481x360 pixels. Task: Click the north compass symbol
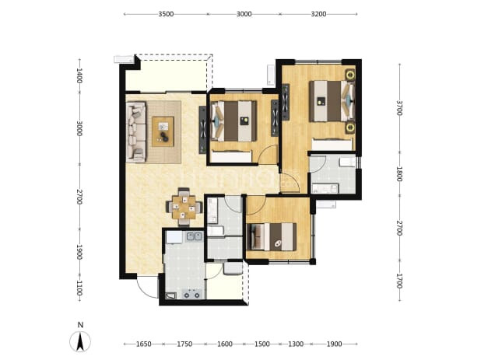coord(80,341)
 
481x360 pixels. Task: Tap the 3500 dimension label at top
coord(166,14)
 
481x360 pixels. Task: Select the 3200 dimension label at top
coord(318,14)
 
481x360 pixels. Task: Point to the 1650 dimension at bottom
coord(143,344)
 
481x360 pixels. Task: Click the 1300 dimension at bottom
coord(296,344)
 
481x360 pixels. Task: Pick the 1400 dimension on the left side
coord(79,75)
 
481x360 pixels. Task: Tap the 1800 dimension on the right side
coord(399,173)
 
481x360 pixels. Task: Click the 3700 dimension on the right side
coord(399,108)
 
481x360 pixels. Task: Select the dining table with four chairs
coord(184,207)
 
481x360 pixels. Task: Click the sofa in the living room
coord(136,131)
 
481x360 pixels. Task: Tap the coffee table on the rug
coord(163,131)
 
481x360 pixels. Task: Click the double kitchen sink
coord(194,236)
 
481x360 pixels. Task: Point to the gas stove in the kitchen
coord(191,293)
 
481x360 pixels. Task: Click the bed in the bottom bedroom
coord(272,237)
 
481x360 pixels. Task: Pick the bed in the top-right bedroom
coord(332,101)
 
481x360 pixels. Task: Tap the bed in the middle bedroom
coord(233,121)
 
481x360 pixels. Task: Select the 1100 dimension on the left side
coord(79,288)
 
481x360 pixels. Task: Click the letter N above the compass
coord(80,325)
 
